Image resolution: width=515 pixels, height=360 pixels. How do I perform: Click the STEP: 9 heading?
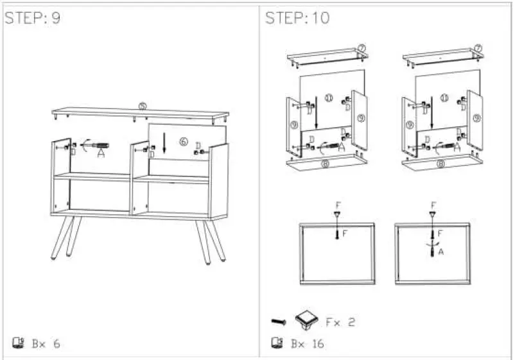click(x=33, y=18)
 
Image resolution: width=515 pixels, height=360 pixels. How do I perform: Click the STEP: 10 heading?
click(x=297, y=18)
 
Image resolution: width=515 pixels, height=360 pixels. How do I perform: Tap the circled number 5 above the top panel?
click(x=143, y=105)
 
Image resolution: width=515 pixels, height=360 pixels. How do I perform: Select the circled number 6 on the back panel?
click(x=184, y=142)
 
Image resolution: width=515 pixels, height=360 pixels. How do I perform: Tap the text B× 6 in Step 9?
click(x=46, y=344)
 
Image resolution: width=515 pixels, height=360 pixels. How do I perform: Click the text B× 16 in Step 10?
click(x=307, y=344)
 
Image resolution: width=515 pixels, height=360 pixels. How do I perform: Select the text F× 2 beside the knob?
click(x=340, y=322)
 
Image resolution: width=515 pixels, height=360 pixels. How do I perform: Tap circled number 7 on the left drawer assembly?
click(x=362, y=48)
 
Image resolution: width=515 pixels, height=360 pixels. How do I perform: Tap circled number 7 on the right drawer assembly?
click(x=478, y=48)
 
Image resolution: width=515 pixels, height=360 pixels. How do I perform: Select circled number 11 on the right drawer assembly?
click(x=444, y=98)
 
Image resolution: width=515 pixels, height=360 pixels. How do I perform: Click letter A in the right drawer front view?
click(x=441, y=252)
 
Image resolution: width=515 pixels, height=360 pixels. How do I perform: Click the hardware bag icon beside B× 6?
click(x=18, y=343)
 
